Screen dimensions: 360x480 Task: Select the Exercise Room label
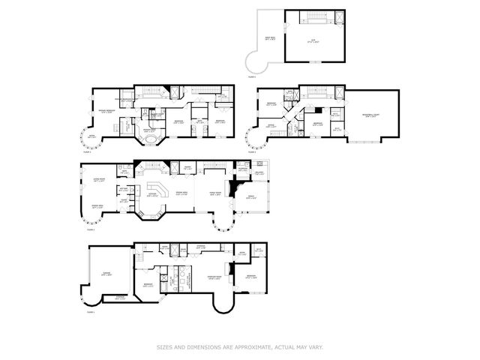point(197,277)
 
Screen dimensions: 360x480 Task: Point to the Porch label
point(252,198)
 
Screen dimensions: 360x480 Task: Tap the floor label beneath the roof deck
point(252,76)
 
